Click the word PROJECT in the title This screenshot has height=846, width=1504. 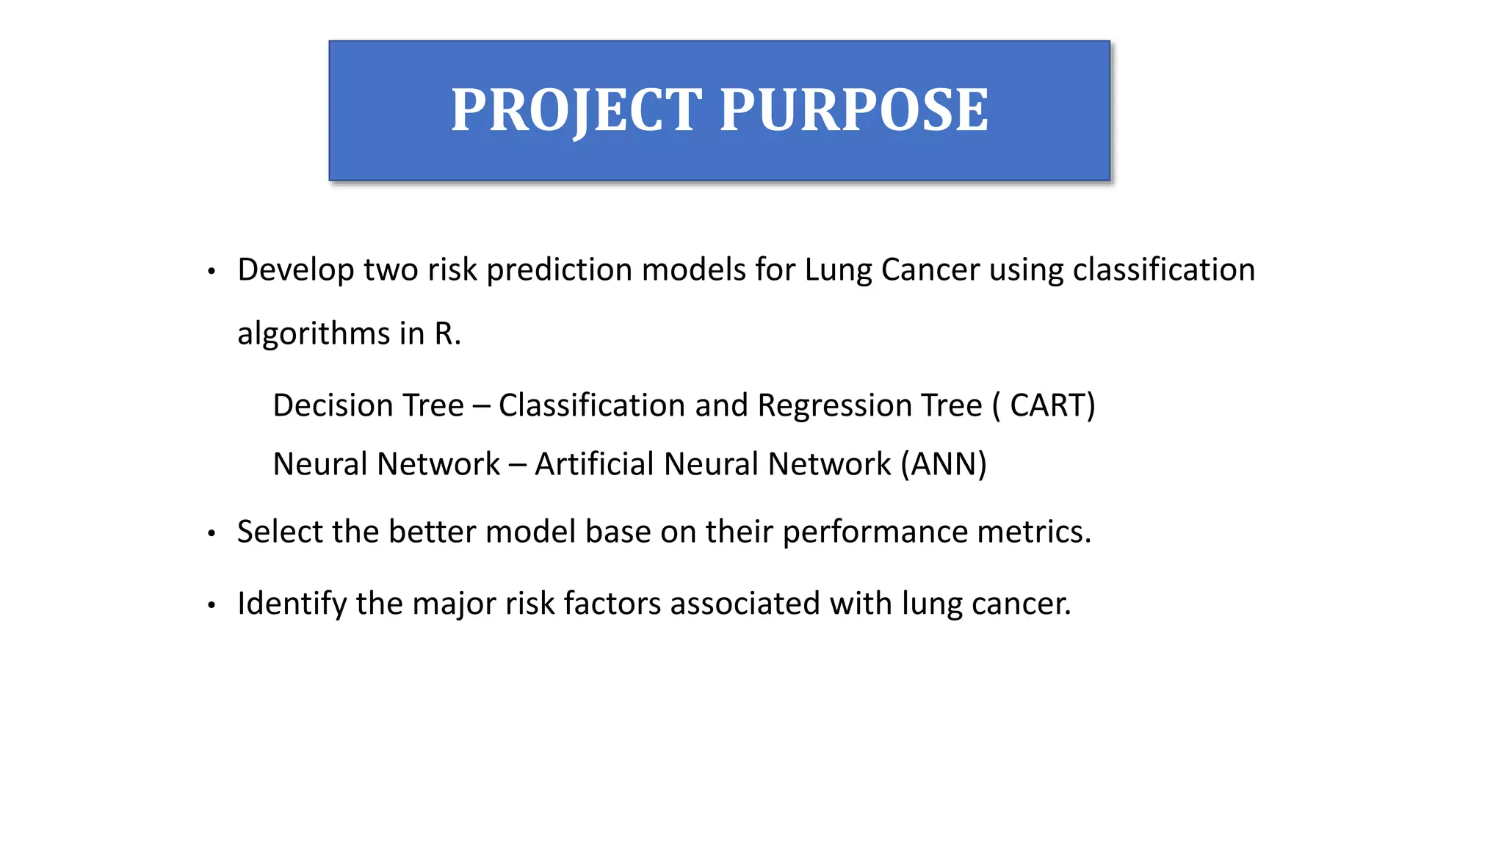[576, 110]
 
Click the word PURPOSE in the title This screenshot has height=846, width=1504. [854, 110]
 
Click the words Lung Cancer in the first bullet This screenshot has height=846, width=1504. [892, 270]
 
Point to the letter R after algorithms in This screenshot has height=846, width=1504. [444, 334]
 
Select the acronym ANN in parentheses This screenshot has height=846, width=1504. [944, 464]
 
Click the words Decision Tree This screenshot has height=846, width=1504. [368, 405]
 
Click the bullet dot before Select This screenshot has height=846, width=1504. [211, 534]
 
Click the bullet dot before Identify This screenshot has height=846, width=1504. [211, 606]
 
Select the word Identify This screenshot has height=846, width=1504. [292, 604]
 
